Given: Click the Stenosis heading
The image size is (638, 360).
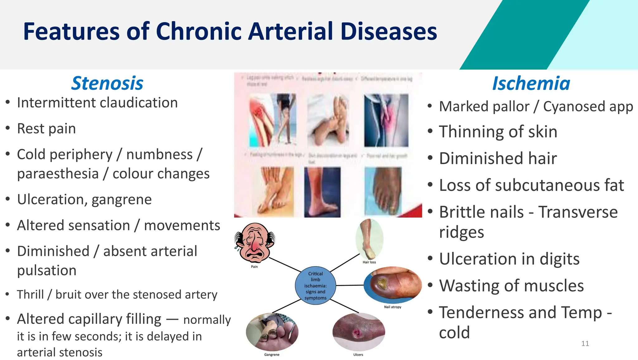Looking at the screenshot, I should [107, 84].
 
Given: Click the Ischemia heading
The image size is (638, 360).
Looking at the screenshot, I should [531, 84].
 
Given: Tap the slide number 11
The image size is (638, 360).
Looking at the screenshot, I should [585, 343].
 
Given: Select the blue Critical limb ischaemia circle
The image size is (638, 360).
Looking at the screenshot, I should [315, 286].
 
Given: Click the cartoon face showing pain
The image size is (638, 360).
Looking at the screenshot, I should [255, 243].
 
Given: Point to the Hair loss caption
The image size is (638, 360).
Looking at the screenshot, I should [369, 262].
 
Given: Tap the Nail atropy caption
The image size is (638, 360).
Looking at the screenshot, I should [393, 307].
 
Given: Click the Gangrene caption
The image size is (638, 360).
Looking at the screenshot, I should [272, 355].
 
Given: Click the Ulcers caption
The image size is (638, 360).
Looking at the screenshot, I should [358, 355].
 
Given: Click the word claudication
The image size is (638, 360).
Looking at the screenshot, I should [139, 103].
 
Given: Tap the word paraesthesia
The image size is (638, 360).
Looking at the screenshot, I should [58, 174].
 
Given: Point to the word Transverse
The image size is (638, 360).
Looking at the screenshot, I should [578, 212].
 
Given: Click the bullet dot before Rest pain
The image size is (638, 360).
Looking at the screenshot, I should [8, 128].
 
